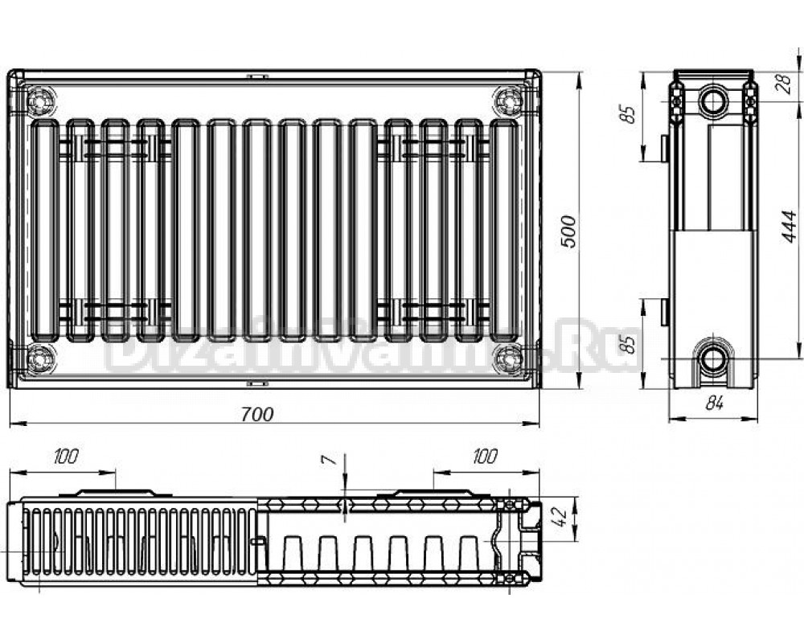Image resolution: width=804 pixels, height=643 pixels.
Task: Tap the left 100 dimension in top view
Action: click(66, 457)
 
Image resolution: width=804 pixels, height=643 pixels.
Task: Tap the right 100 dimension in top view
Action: click(484, 457)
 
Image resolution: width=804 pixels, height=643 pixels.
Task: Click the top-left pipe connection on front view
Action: click(40, 102)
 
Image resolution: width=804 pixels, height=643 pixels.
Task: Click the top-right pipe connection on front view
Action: click(507, 101)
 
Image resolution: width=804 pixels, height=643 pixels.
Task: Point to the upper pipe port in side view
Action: click(713, 100)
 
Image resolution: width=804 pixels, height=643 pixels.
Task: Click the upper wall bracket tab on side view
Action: click(664, 148)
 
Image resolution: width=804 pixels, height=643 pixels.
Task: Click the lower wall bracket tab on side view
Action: click(664, 312)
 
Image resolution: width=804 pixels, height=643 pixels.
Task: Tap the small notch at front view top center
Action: click(257, 77)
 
